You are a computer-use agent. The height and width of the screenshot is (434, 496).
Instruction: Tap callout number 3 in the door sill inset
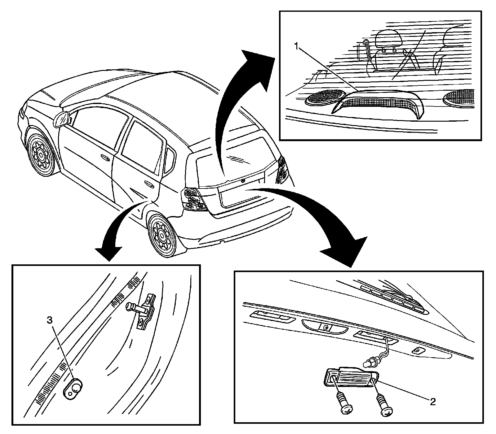[x=50, y=321]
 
